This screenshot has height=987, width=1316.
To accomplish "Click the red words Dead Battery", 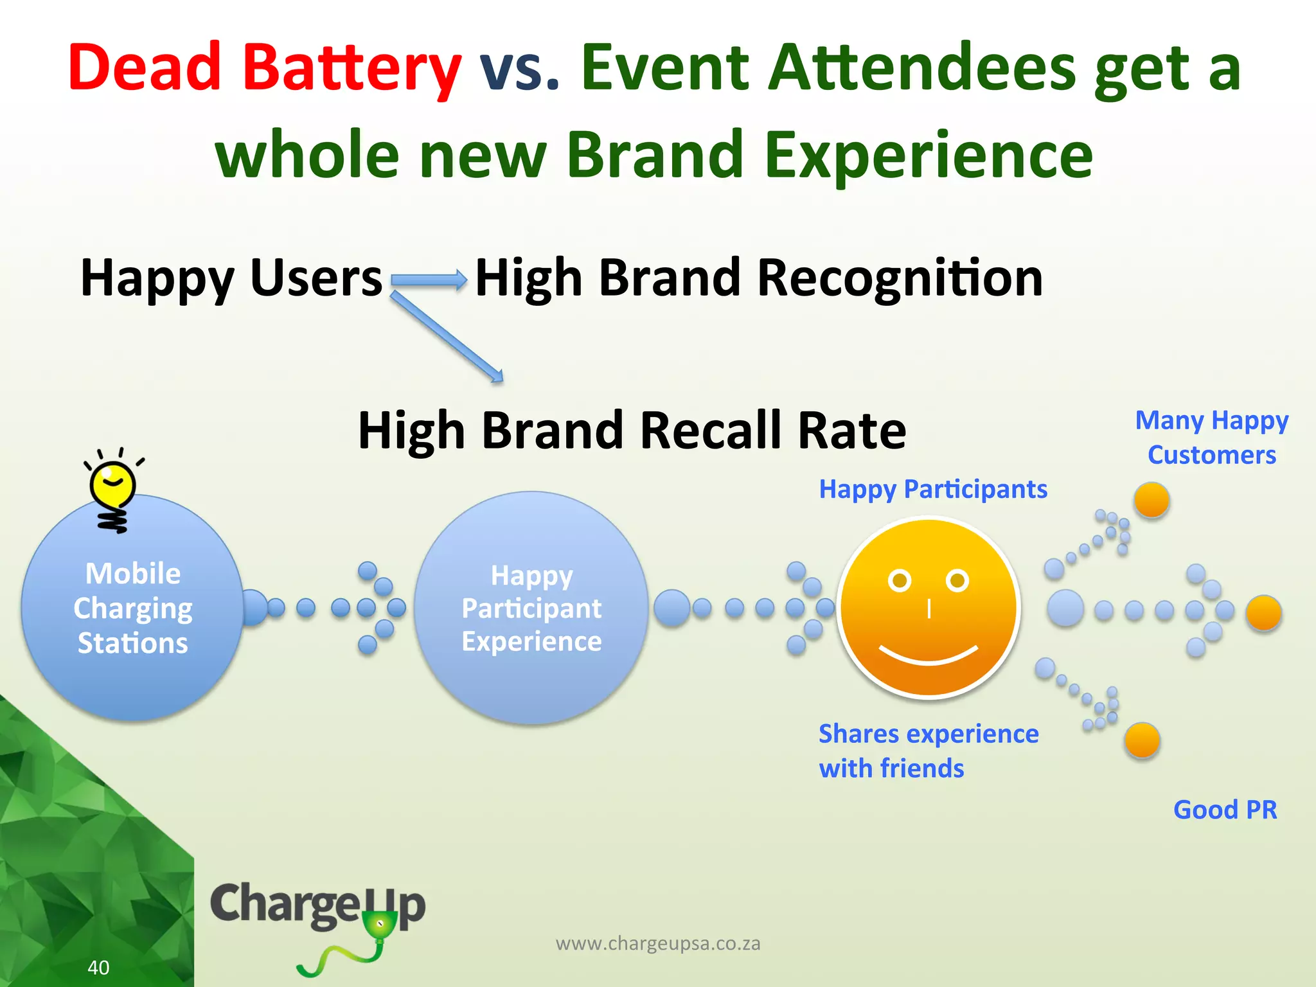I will [x=264, y=68].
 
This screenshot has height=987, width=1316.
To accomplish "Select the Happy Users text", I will [x=231, y=278].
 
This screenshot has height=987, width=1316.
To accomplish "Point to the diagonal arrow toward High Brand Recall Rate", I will [x=447, y=337].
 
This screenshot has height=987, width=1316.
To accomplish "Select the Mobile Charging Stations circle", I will [x=132, y=608].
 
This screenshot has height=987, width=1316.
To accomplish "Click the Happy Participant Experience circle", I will [x=531, y=608].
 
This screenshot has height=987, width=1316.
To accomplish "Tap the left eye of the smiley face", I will [x=899, y=581].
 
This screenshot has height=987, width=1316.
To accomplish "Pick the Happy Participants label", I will [x=933, y=490].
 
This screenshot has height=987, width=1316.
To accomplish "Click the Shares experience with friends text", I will [x=928, y=751].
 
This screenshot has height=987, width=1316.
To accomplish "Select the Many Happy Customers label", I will [x=1212, y=438].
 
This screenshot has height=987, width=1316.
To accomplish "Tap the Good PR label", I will [x=1225, y=810].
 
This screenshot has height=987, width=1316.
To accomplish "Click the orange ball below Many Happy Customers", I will [x=1151, y=500].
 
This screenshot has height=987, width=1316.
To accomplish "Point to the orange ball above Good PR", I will [x=1142, y=740].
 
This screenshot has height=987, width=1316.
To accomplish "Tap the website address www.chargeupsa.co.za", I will [x=658, y=943].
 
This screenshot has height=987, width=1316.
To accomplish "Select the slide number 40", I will [x=98, y=967].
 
